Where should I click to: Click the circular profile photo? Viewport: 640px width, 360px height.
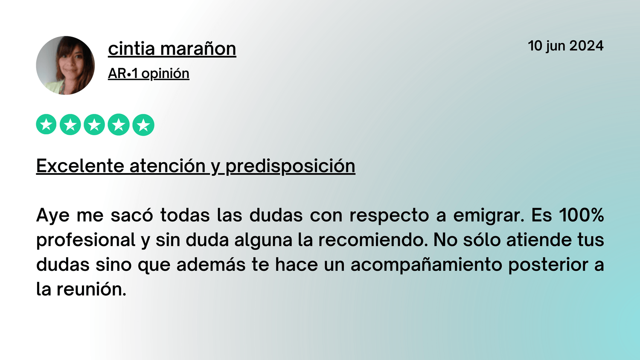click(x=65, y=65)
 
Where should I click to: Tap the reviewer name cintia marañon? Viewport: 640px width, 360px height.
click(x=172, y=49)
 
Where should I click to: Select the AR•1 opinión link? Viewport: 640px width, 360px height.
click(x=148, y=73)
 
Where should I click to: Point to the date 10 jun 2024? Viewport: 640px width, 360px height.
click(x=565, y=46)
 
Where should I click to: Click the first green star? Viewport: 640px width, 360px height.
click(x=46, y=124)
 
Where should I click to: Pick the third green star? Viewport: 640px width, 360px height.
click(x=94, y=124)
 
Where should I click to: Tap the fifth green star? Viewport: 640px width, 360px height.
click(x=143, y=125)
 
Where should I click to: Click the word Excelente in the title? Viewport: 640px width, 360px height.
click(x=80, y=166)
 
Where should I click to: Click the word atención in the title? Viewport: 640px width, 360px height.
click(x=167, y=166)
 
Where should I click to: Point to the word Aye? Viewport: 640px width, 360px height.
click(x=53, y=215)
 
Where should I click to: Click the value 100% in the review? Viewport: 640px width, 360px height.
click(x=582, y=215)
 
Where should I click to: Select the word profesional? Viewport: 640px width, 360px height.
click(x=86, y=240)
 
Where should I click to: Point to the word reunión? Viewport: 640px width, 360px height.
click(x=91, y=289)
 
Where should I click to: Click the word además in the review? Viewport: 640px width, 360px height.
click(x=211, y=264)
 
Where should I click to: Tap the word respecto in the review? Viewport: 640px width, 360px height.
click(x=389, y=216)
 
